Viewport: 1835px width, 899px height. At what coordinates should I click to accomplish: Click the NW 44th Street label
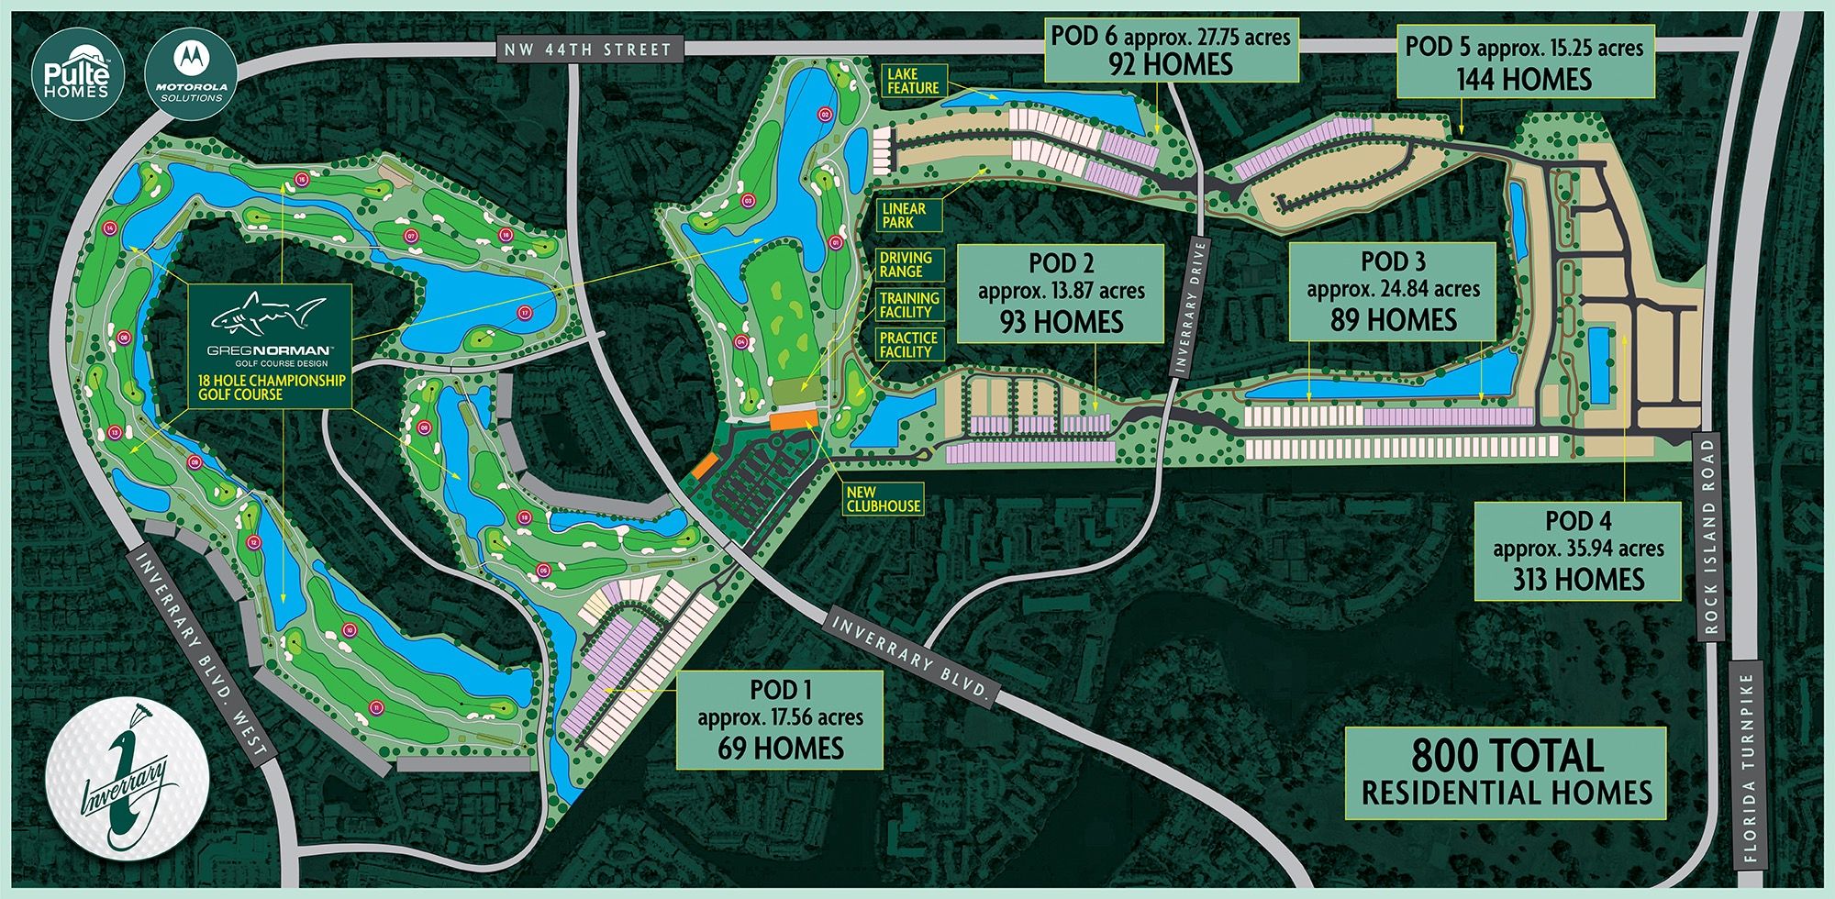point(588,50)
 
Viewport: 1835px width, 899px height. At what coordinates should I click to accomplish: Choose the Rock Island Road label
point(1708,536)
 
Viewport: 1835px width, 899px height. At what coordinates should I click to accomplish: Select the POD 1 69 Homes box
point(780,719)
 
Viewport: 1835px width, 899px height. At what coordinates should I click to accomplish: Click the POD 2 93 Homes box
point(1061,293)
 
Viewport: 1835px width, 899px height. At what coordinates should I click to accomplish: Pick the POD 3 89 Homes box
point(1393,291)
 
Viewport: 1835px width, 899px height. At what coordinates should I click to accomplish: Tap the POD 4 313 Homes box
point(1578,550)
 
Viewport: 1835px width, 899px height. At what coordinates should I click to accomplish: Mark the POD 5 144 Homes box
point(1525,62)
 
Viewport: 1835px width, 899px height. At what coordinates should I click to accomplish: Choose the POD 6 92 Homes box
point(1171,50)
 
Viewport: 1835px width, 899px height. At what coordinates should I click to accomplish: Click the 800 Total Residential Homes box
point(1506,772)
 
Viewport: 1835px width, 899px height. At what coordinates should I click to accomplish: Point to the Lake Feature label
point(913,81)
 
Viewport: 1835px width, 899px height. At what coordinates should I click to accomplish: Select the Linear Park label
point(904,216)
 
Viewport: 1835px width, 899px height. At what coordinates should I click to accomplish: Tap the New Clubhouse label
point(884,499)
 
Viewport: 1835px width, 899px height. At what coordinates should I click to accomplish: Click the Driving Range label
point(906,265)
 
